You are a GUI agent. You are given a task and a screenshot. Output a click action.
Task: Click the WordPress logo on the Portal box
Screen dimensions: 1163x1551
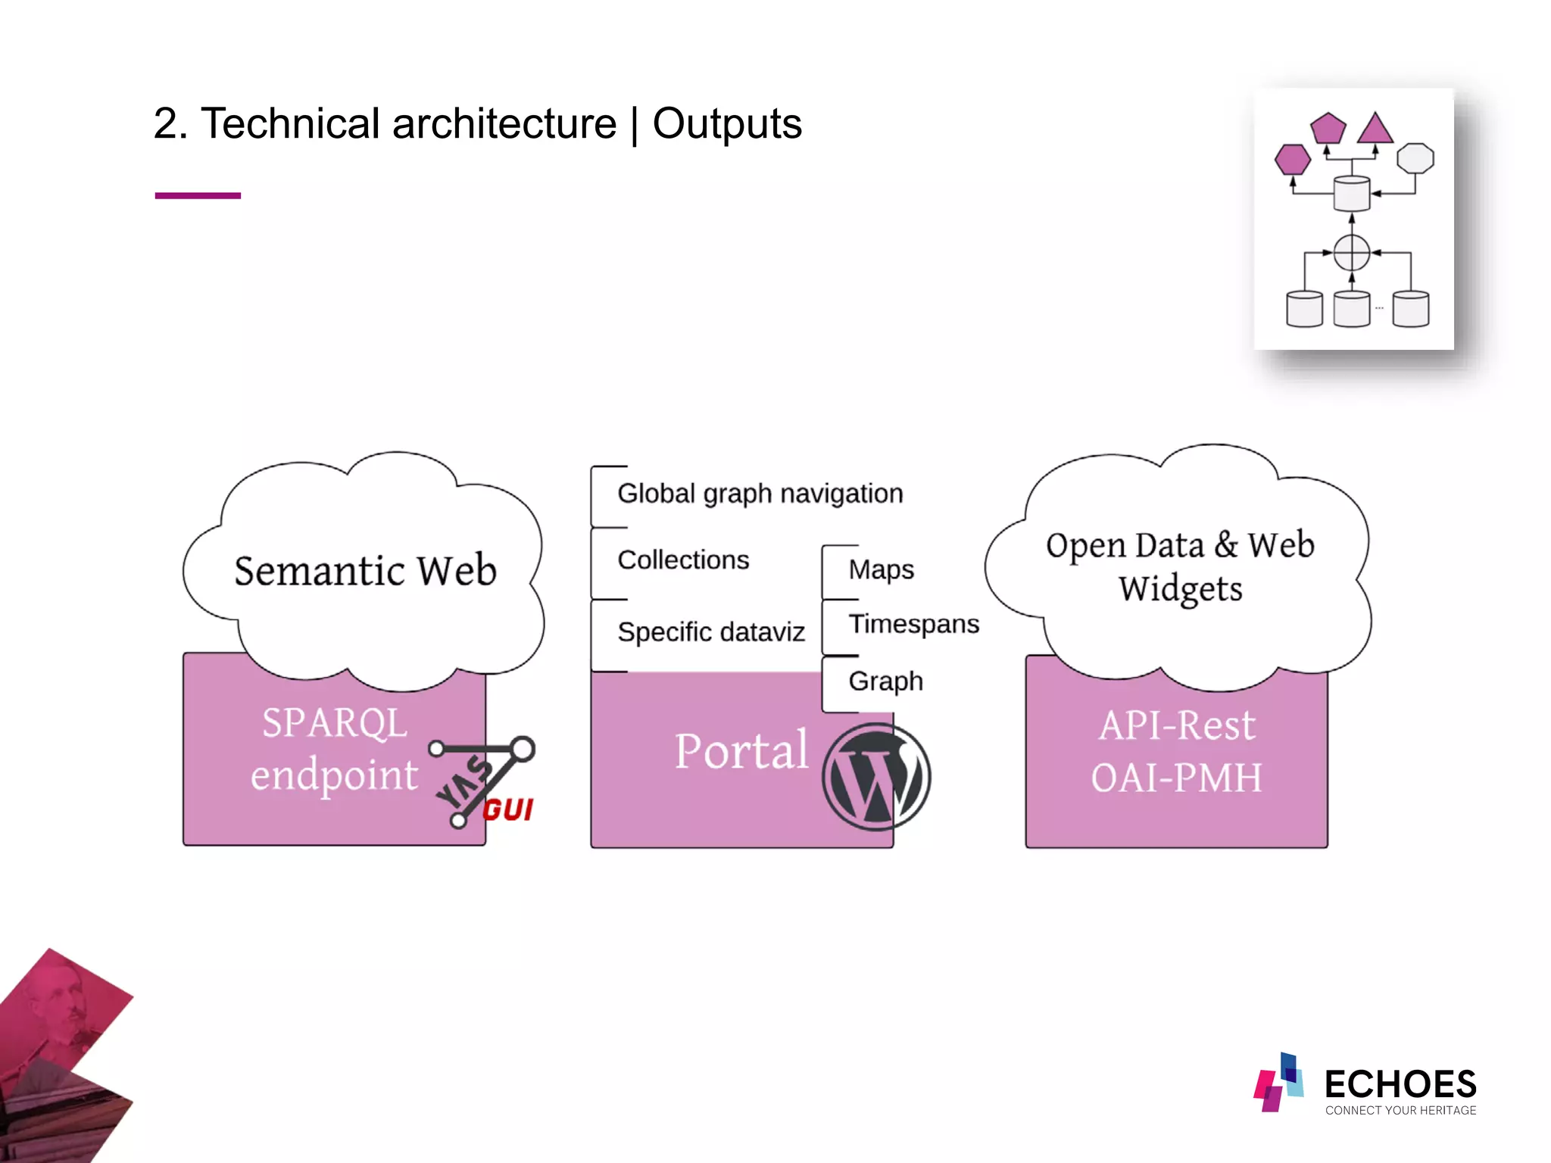pos(876,776)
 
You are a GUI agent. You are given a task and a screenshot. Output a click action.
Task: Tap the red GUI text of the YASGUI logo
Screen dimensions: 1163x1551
pos(508,810)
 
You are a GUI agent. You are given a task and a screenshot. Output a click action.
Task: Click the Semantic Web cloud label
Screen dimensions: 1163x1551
pos(365,571)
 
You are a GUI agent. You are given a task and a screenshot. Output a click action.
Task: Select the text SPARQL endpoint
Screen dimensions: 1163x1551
pos(334,749)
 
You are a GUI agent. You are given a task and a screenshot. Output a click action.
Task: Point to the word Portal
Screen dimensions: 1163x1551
pos(741,751)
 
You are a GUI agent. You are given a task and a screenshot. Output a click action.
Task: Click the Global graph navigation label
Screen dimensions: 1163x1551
pos(760,494)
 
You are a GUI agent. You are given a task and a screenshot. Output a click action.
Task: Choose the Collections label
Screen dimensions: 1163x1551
pos(683,560)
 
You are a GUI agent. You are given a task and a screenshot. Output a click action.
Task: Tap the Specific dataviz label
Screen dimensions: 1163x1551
pos(710,631)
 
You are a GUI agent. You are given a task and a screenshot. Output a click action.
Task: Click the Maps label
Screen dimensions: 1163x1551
pos(881,569)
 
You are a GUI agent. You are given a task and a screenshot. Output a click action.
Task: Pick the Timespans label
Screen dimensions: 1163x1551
pos(913,624)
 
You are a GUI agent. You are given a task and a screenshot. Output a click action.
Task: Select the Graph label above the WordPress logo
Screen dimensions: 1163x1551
pos(885,681)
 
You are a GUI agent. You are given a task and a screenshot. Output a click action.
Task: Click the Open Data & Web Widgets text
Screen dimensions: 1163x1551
pos(1180,566)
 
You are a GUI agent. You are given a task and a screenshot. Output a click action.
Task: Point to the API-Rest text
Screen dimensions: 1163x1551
pos(1177,725)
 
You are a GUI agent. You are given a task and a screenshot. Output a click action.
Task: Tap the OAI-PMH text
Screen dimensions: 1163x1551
pos(1177,778)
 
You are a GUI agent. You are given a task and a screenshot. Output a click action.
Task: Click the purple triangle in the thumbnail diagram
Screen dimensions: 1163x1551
pos(1375,130)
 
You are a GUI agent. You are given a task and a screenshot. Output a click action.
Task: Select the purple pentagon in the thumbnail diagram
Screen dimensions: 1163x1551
pos(1328,129)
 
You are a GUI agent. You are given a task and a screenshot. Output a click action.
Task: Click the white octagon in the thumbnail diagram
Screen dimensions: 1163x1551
pos(1415,159)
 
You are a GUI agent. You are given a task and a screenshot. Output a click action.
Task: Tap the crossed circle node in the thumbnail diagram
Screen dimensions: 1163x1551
pos(1352,253)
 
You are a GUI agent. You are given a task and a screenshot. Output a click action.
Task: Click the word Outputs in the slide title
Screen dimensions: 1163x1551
pos(726,123)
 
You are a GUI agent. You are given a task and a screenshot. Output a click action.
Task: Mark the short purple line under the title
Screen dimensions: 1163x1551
pos(198,195)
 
